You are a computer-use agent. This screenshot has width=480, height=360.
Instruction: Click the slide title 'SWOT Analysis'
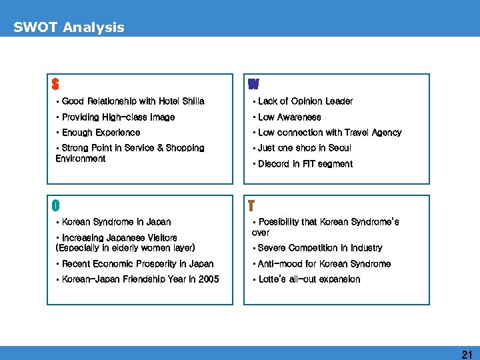[69, 27]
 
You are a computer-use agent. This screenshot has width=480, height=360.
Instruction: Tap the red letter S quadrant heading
[55, 85]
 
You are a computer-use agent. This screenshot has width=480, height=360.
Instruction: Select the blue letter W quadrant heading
[253, 85]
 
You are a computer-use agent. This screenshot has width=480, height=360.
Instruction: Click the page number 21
[467, 355]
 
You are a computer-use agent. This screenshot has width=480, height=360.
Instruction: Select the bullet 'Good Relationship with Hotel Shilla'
[133, 101]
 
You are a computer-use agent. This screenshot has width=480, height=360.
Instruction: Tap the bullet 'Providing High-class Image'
[117, 117]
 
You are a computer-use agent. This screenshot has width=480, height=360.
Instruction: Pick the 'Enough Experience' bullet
[101, 133]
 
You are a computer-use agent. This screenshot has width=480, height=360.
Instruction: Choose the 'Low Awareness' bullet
[289, 117]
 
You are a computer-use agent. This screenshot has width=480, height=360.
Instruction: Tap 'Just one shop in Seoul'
[304, 148]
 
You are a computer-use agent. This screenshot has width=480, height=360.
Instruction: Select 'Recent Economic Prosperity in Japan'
[137, 264]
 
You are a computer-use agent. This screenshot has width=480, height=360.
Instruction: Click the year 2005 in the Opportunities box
[208, 279]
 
